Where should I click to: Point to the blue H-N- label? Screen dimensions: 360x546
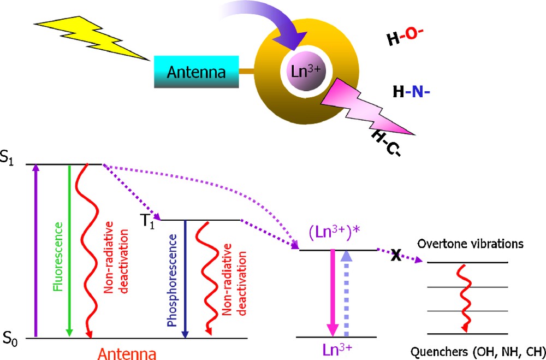tap(412, 92)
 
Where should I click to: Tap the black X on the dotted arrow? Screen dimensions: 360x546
tap(396, 255)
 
